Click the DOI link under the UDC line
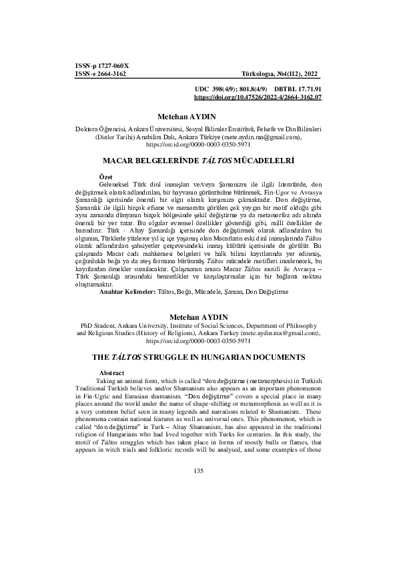click(x=258, y=97)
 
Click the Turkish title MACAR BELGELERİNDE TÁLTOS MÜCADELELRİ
click(x=198, y=161)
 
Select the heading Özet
click(x=105, y=175)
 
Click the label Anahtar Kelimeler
click(x=127, y=310)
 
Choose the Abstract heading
click(x=112, y=372)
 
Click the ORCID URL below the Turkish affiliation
click(x=198, y=143)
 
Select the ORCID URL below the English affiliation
click(x=198, y=340)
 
